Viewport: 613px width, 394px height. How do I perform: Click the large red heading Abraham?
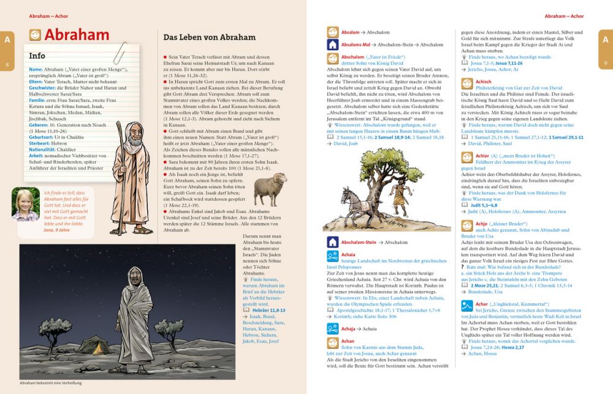pos(77,35)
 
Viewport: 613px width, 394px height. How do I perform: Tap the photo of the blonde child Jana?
pos(26,203)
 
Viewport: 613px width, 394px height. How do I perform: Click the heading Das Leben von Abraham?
pos(209,37)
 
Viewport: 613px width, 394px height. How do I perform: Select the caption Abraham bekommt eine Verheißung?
pos(51,383)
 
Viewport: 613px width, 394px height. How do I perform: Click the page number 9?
pos(606,64)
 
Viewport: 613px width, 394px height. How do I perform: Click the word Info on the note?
pos(37,56)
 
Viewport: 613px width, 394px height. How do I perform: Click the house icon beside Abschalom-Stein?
pos(333,242)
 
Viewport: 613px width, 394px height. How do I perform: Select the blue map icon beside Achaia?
pos(333,256)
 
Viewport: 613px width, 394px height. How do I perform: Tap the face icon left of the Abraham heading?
pos(35,35)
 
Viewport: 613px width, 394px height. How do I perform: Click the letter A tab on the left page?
pos(7,40)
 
